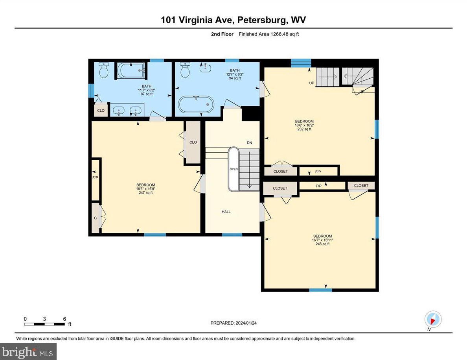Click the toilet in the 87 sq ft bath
tap(104, 71)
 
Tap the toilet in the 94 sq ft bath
tap(184, 71)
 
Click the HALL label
tap(226, 212)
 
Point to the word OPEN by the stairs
tap(233, 169)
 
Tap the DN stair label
tap(249, 143)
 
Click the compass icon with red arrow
tap(433, 319)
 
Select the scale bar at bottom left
tap(45, 324)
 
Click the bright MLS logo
tap(28, 351)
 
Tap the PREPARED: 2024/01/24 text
tap(233, 323)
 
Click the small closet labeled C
tap(96, 218)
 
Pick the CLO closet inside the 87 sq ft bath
tap(101, 111)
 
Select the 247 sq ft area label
tap(145, 193)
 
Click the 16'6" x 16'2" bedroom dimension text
tap(305, 125)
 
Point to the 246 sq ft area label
tap(322, 244)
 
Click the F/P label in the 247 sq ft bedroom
tap(95, 178)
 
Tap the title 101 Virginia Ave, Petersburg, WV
tap(233, 20)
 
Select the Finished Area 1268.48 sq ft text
tap(268, 34)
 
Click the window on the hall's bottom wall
tap(232, 235)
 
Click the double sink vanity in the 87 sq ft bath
tap(127, 110)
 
